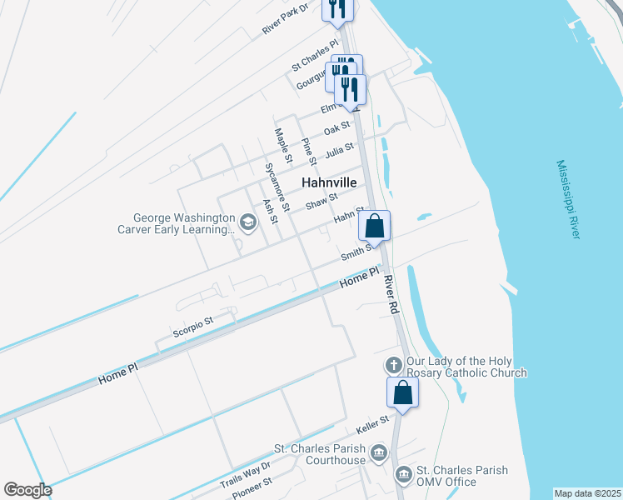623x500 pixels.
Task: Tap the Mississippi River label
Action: (x=568, y=200)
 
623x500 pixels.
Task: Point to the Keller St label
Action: (x=372, y=424)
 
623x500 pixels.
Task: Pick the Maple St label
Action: (x=284, y=145)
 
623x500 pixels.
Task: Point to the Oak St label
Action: (x=336, y=130)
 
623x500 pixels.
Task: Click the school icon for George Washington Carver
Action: (x=247, y=222)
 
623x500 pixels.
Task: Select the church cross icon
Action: (x=393, y=366)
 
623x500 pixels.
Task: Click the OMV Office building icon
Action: (x=403, y=475)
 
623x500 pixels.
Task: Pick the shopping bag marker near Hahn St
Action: (x=375, y=225)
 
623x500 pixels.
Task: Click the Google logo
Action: (x=27, y=489)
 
